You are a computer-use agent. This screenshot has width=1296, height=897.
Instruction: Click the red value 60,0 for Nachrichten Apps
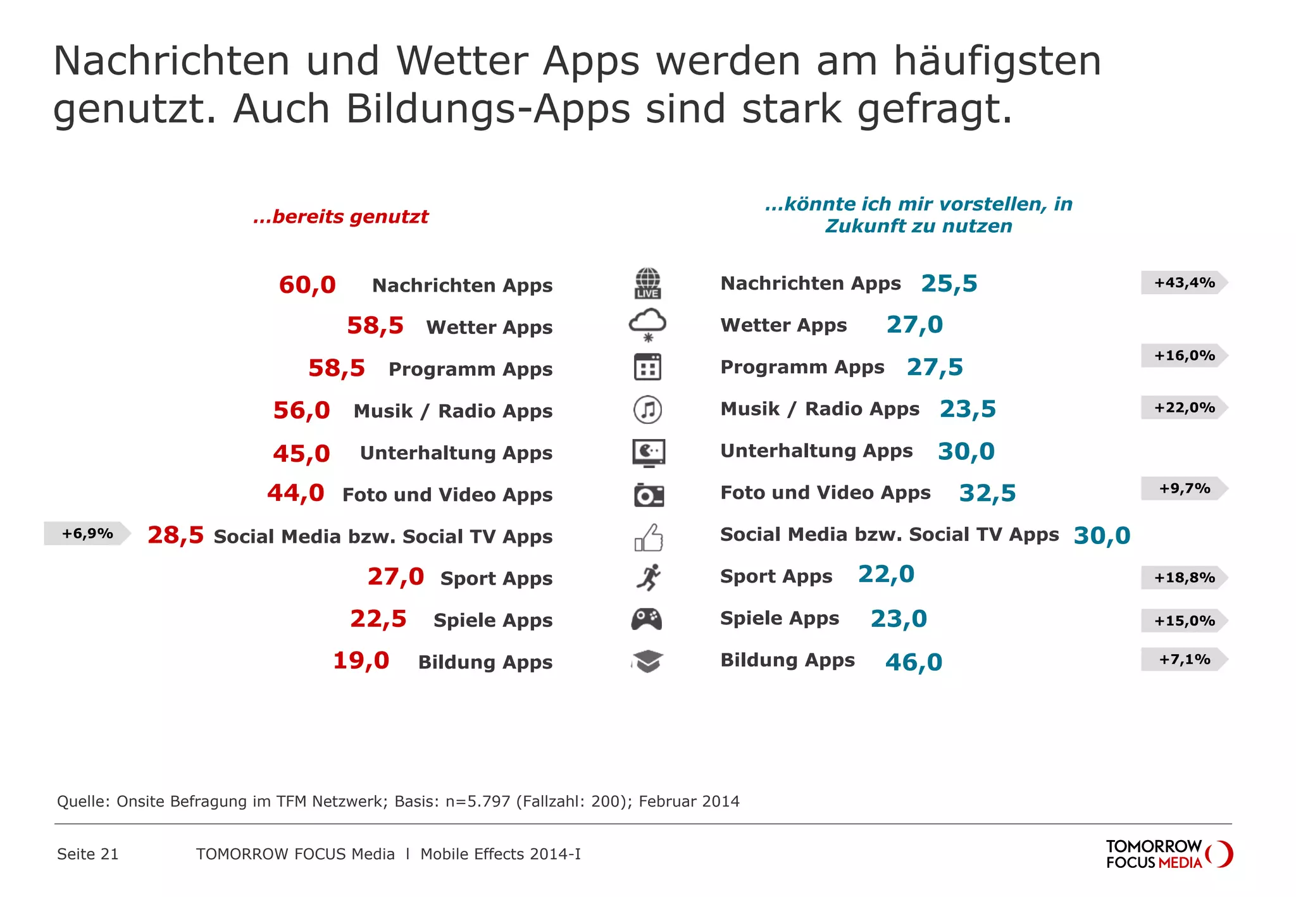click(x=307, y=285)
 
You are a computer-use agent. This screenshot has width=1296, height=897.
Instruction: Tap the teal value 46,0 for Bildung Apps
click(x=913, y=662)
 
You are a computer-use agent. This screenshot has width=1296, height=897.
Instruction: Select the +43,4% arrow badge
click(x=1183, y=283)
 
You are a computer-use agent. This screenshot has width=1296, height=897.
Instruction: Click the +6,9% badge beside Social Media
click(x=87, y=533)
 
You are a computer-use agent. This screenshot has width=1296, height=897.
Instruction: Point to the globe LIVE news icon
click(x=647, y=283)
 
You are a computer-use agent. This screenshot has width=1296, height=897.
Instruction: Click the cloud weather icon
click(x=647, y=325)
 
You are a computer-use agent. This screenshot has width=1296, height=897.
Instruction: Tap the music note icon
click(x=647, y=410)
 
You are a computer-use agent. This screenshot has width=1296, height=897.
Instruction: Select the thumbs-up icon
click(x=649, y=537)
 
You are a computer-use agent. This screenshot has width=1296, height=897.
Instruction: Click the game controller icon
click(x=647, y=619)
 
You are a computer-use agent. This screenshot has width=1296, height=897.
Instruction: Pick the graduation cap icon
click(x=647, y=661)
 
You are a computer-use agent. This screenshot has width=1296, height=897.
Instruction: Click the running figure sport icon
click(x=648, y=577)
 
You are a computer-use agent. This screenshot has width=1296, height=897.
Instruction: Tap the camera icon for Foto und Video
click(x=649, y=495)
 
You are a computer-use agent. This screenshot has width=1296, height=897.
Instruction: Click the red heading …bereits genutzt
click(x=340, y=216)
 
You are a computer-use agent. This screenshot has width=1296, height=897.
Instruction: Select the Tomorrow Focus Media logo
click(x=1168, y=854)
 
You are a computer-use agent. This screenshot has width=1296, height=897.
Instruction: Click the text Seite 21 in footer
click(x=87, y=854)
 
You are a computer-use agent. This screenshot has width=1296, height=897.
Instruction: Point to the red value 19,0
click(x=361, y=660)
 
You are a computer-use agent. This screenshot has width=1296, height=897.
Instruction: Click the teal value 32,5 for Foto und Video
click(x=987, y=493)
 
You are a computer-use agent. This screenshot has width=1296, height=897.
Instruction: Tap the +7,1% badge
click(x=1183, y=659)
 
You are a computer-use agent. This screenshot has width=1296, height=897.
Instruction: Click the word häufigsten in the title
click(x=997, y=61)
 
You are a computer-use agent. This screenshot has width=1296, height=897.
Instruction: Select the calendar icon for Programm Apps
click(x=647, y=367)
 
